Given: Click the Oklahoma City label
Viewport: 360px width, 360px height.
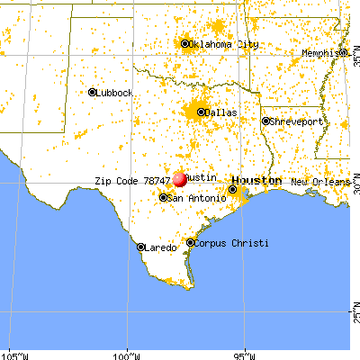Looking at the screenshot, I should [218, 43].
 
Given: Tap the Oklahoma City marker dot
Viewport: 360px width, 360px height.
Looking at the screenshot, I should [185, 43].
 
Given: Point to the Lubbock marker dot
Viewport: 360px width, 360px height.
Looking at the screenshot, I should [93, 92].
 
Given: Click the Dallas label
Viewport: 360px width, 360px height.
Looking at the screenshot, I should [221, 113].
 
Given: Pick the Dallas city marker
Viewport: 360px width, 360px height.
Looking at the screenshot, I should [201, 112].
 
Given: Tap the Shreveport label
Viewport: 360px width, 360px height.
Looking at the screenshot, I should [295, 121].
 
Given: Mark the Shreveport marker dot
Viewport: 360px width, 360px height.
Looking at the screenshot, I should [265, 121].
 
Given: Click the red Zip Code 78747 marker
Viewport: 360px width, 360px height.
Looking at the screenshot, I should [180, 179].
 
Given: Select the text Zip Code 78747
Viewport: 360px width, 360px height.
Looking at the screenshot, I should [131, 181].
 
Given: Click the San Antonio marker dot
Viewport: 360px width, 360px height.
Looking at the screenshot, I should [163, 198].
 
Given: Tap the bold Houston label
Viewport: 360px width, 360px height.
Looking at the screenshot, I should [261, 181].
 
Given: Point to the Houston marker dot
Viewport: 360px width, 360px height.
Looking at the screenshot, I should [233, 189].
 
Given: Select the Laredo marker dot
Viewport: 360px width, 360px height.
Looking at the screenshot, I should [140, 246].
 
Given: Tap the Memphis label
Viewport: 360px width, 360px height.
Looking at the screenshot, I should [320, 53].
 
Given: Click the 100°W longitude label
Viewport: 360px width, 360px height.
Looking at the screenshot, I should [127, 353].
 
